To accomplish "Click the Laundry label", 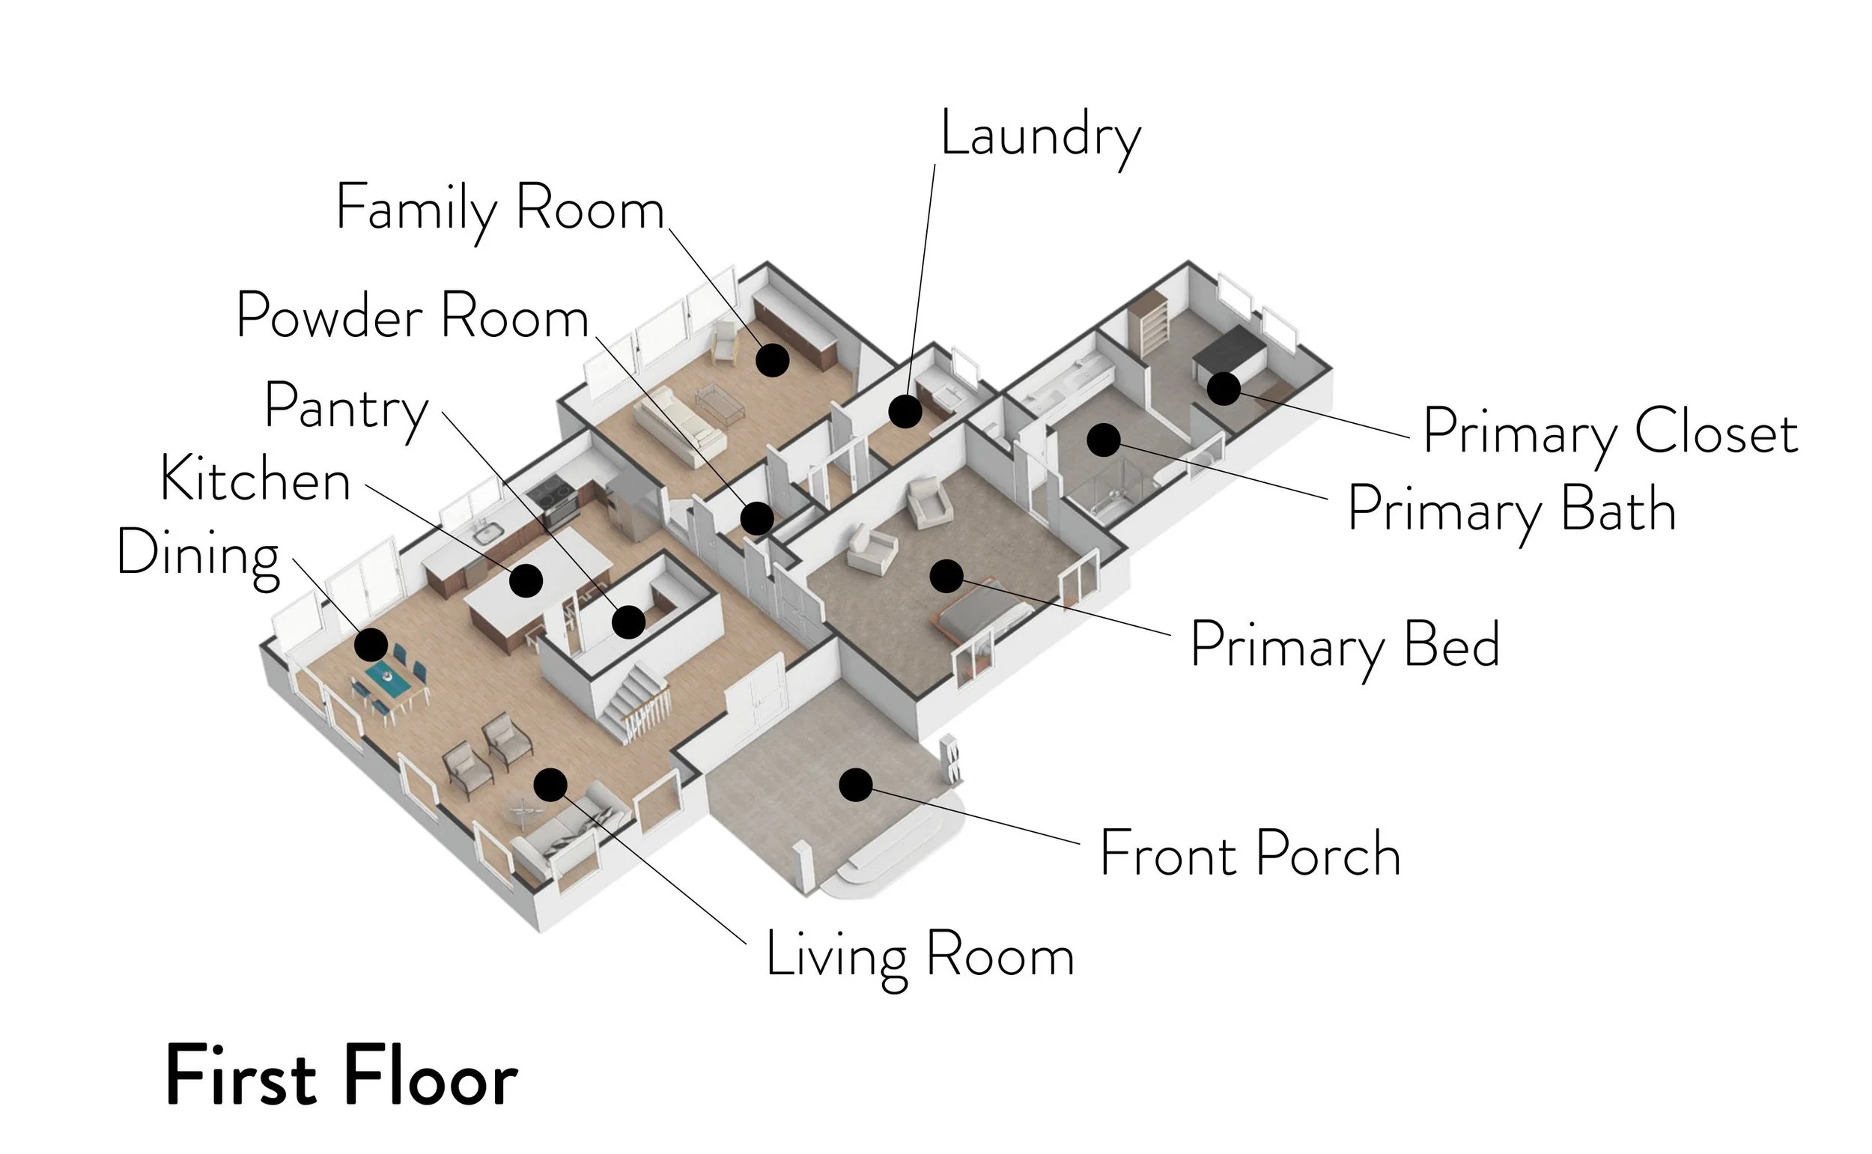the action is pos(1040,136).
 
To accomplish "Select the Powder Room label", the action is pos(412,316).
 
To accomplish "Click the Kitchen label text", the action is pos(255,480).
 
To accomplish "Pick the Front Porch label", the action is pos(1249,854).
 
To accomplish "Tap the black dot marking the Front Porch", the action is pos(855,785).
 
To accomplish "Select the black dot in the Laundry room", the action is pos(905,412).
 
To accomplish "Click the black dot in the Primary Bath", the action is pos(1103,440).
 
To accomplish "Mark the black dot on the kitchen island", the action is pos(526,581).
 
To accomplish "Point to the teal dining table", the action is pos(388,678).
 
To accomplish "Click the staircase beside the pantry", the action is pos(630,699).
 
